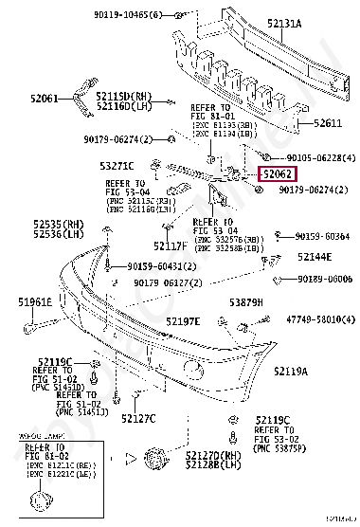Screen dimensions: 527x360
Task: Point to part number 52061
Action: (x=45, y=98)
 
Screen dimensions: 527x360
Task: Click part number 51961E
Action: (x=34, y=301)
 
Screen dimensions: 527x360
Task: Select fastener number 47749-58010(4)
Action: (x=314, y=320)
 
